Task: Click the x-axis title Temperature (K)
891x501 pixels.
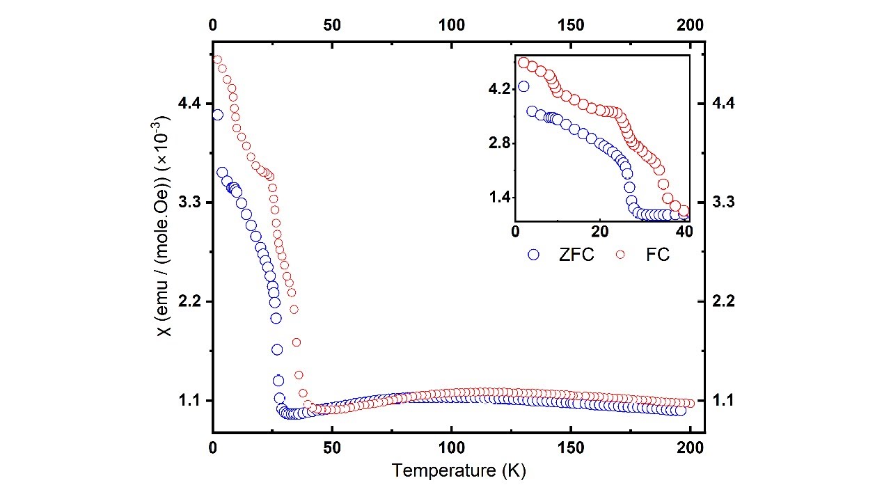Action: click(458, 471)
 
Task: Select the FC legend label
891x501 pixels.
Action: click(658, 255)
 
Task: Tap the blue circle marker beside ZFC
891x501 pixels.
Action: click(534, 255)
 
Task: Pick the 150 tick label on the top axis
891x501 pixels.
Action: click(571, 25)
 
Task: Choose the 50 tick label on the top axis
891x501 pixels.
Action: click(332, 25)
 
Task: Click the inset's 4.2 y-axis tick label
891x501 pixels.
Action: click(499, 89)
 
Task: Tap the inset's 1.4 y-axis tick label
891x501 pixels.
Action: click(499, 198)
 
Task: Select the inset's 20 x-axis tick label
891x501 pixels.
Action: click(600, 231)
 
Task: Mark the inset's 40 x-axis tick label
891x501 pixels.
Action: click(684, 231)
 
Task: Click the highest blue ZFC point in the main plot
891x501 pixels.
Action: click(217, 115)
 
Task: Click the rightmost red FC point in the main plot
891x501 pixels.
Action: click(690, 403)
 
